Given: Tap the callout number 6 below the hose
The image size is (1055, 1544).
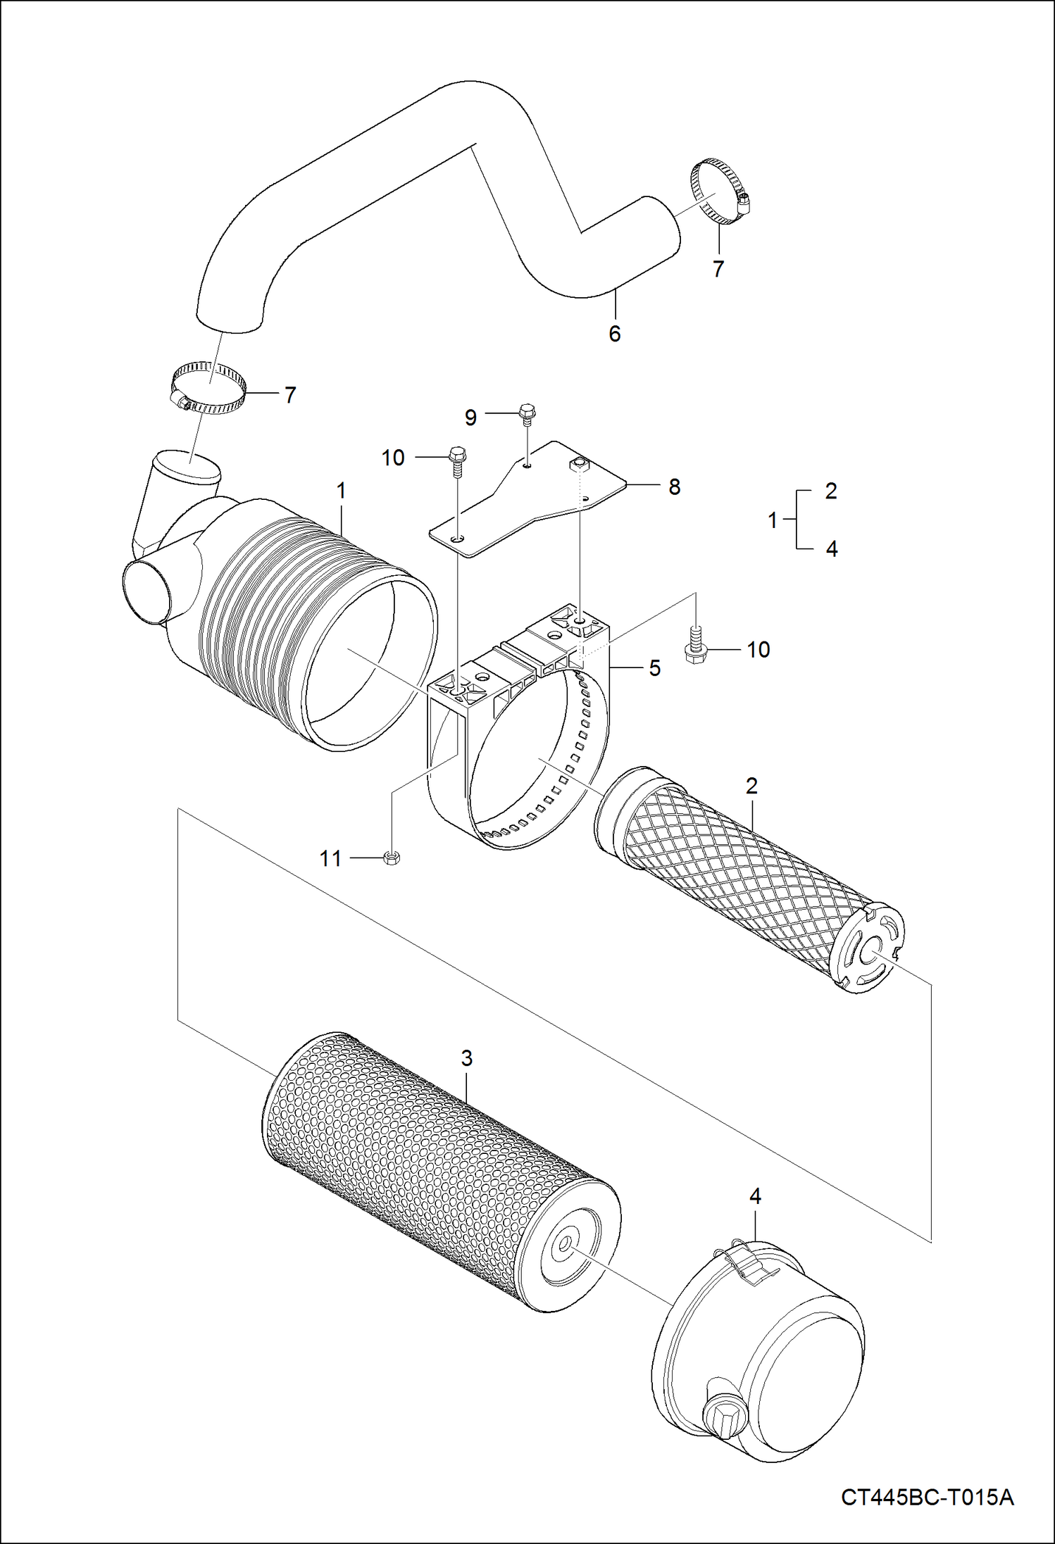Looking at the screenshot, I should tap(614, 334).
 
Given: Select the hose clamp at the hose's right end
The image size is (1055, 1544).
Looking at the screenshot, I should tap(718, 191).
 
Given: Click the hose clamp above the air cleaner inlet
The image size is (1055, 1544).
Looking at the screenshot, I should tap(209, 387).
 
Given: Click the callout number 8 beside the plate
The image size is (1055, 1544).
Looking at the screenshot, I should tap(674, 487).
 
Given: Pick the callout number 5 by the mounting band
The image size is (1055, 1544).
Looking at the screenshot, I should tap(655, 667).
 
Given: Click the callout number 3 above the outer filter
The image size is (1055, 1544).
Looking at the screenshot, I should tap(466, 1058).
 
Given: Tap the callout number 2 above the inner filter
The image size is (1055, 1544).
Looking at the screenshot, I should tap(751, 786).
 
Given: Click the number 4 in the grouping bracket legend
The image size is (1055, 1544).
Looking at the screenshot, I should tap(832, 549).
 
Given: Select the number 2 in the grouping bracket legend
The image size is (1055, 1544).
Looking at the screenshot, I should tap(831, 491).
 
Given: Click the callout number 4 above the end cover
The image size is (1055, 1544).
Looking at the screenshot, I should tap(755, 1196).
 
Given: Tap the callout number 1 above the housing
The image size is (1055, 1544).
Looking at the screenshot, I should tap(342, 491).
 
